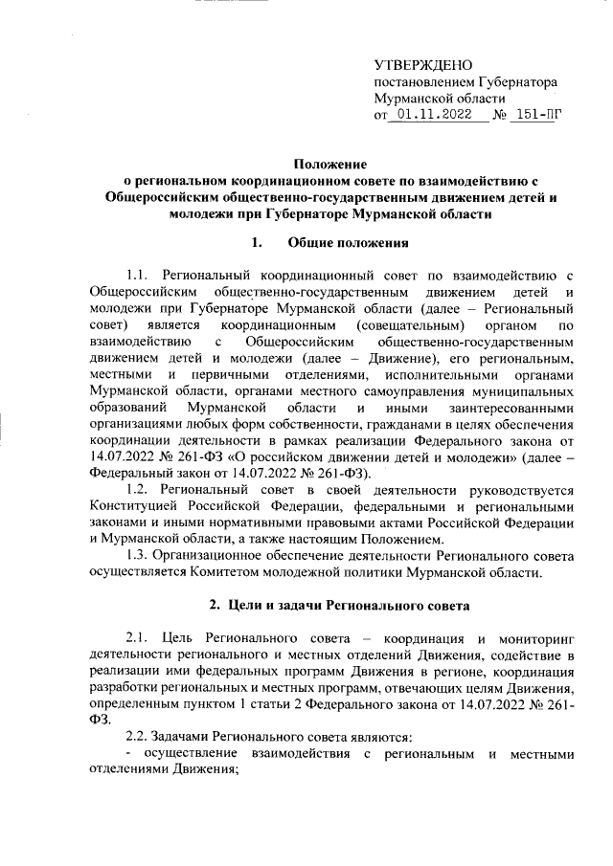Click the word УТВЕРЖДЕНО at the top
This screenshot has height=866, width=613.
[422, 66]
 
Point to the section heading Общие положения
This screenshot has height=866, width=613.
[341, 242]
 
